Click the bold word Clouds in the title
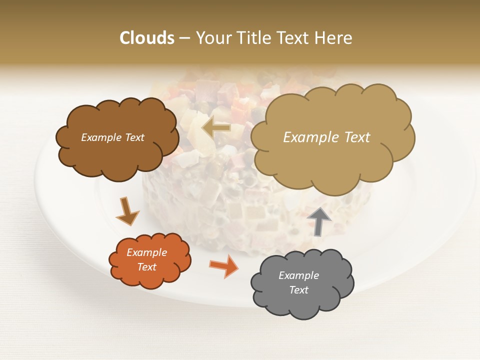click(x=146, y=38)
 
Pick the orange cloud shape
click(x=150, y=277)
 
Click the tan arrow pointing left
click(x=216, y=128)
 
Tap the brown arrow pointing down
click(x=127, y=210)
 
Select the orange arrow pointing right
click(x=223, y=265)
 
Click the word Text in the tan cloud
click(x=357, y=137)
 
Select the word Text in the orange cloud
click(x=146, y=267)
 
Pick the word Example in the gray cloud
click(x=298, y=275)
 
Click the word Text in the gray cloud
click(x=298, y=290)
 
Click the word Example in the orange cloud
click(x=146, y=252)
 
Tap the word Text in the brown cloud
click(x=134, y=137)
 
